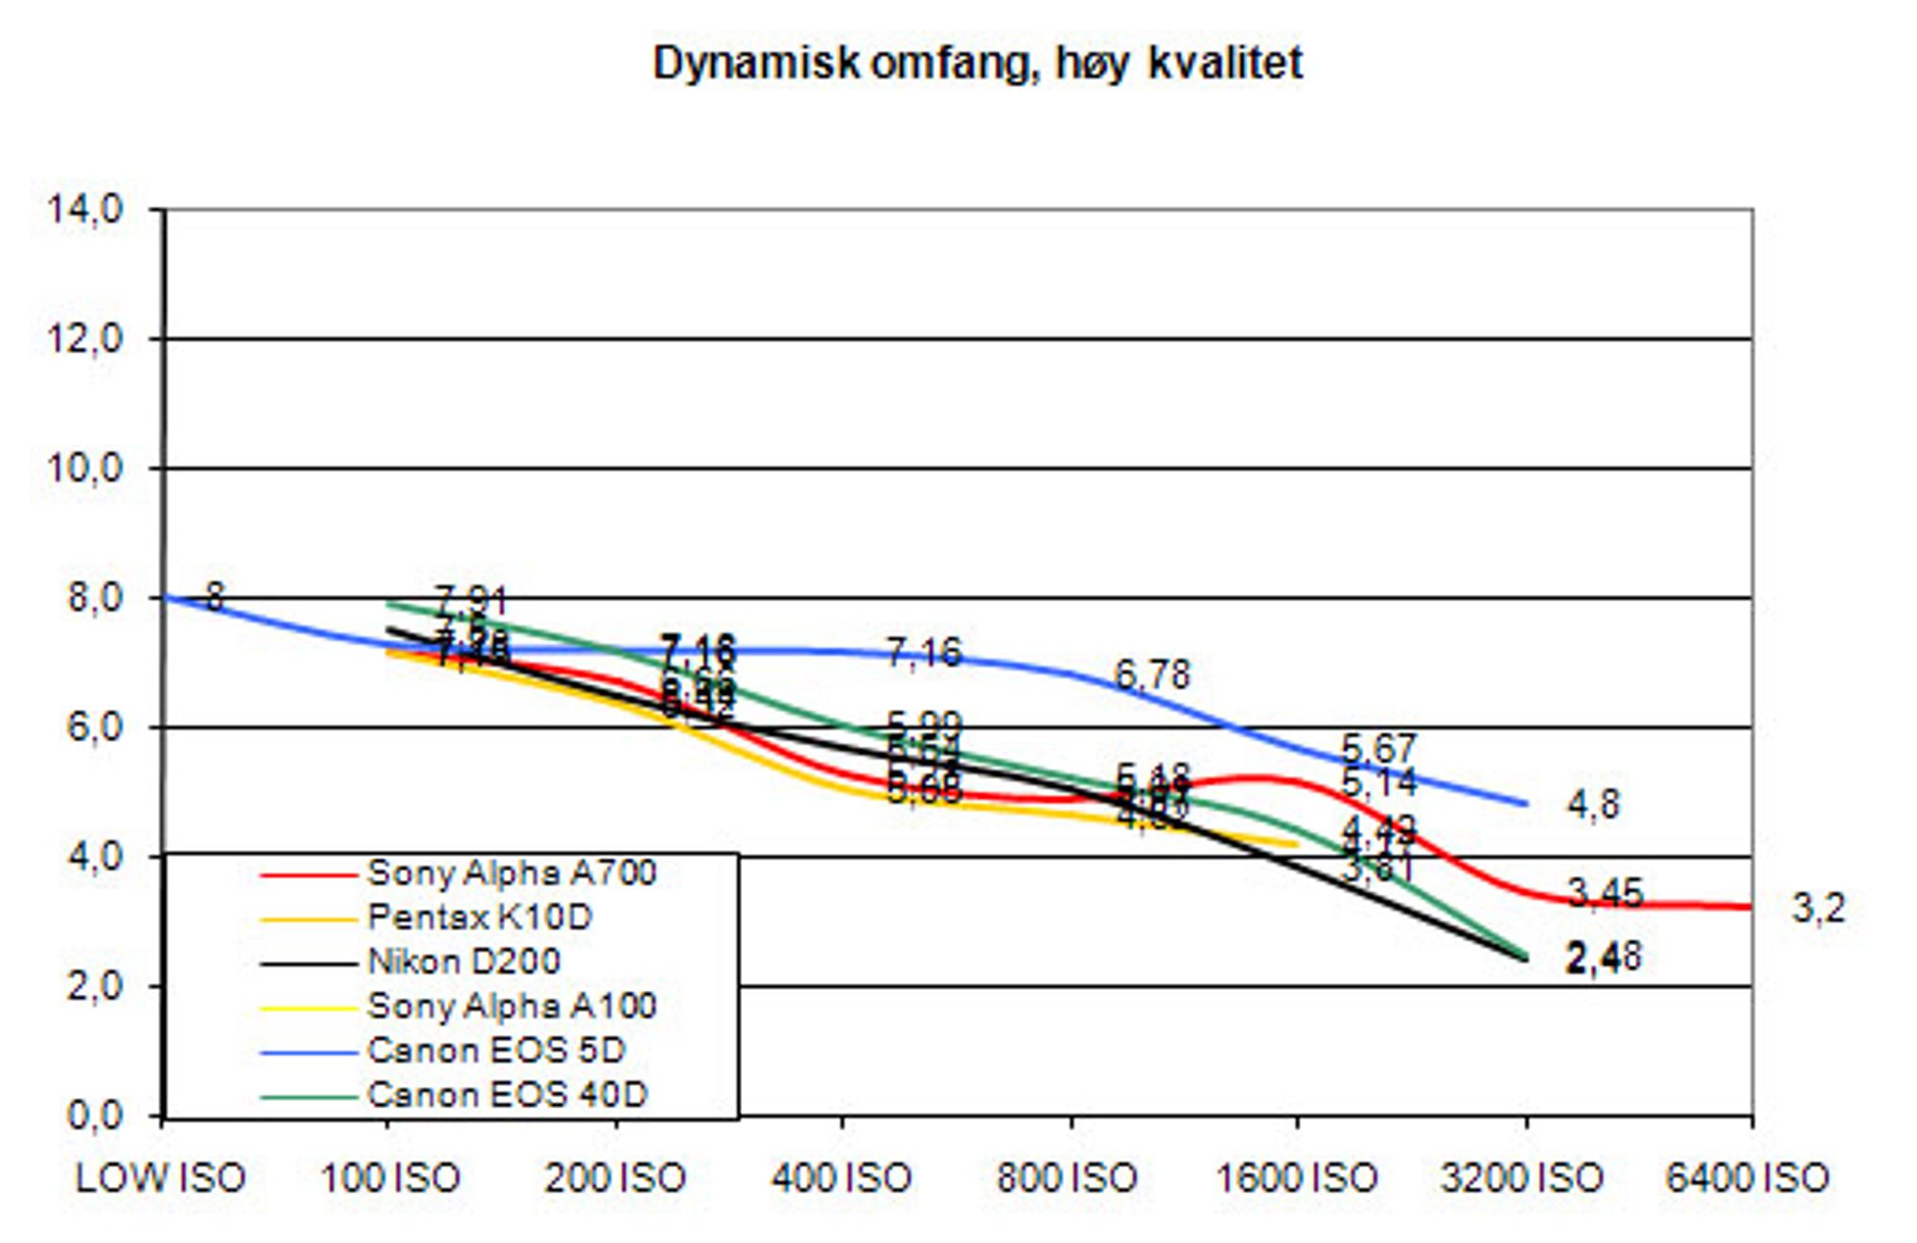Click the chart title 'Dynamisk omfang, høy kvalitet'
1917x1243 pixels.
click(977, 63)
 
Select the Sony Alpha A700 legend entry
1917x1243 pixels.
click(512, 873)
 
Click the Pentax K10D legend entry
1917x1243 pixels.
click(479, 917)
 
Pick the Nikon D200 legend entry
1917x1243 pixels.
click(464, 961)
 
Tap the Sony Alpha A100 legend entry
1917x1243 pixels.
click(512, 1005)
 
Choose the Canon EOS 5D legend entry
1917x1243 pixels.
click(496, 1049)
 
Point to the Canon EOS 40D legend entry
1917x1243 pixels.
click(507, 1093)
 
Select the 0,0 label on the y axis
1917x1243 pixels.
click(94, 1116)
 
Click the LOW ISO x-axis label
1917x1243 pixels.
click(160, 1178)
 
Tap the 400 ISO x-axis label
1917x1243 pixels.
click(841, 1178)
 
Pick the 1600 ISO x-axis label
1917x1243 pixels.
click(1296, 1178)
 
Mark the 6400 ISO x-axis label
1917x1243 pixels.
click(1746, 1178)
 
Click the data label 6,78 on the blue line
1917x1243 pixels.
click(1151, 675)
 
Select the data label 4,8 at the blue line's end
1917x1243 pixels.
click(1593, 804)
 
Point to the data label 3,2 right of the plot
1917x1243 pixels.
click(1818, 907)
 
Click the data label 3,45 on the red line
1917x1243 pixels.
click(1605, 893)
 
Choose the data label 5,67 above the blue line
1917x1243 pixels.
click(1378, 748)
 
